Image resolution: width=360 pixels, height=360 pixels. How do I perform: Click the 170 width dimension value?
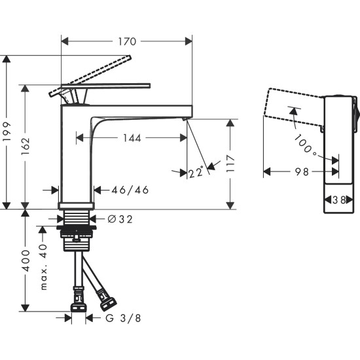pyautogui.click(x=126, y=41)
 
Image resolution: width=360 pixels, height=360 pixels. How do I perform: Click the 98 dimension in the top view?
pyautogui.click(x=301, y=173)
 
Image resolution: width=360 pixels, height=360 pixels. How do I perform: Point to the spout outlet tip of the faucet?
pyautogui.click(x=185, y=118)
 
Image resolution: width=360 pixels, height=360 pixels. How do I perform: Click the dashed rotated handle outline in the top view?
pyautogui.click(x=291, y=105)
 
